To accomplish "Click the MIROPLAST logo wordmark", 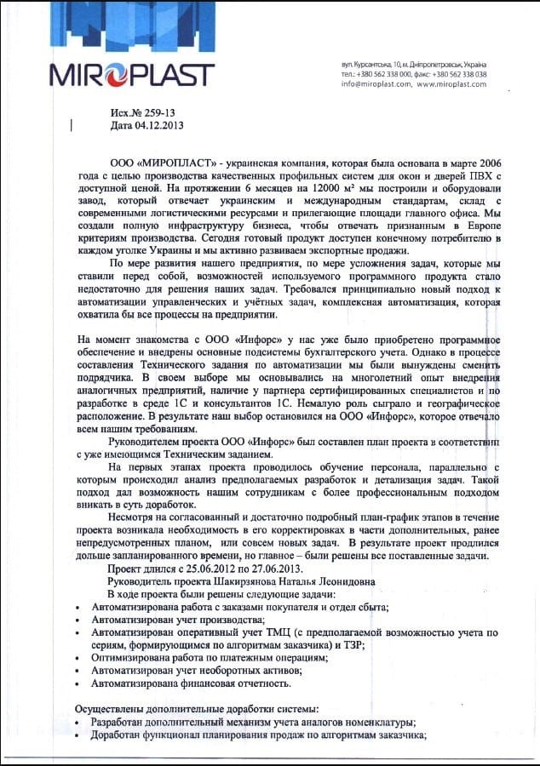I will [x=132, y=75].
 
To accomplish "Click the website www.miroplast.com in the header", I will [x=451, y=84].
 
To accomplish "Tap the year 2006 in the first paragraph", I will [x=489, y=161].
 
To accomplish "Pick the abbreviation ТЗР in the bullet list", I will [x=350, y=645].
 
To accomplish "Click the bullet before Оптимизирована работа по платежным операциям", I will [x=79, y=659].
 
